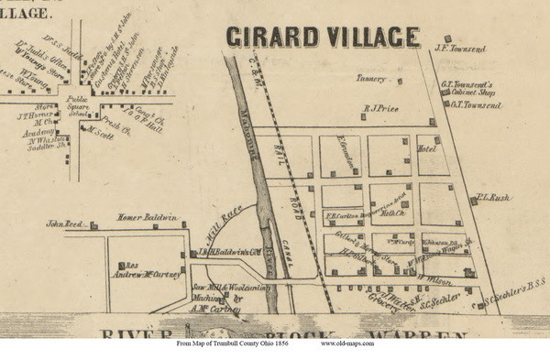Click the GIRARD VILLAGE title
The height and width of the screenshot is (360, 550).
(x=322, y=38)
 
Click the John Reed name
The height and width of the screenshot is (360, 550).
(x=65, y=223)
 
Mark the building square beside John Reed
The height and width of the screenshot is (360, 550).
(x=93, y=223)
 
